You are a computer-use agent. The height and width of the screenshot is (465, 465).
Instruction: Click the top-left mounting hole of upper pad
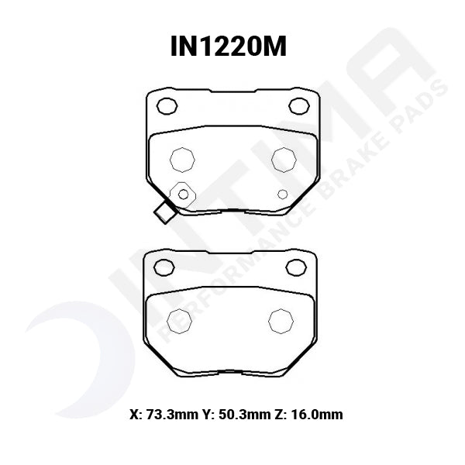(167, 105)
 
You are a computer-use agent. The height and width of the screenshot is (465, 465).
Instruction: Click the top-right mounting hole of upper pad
(298, 105)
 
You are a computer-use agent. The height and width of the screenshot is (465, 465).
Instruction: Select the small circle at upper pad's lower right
(283, 194)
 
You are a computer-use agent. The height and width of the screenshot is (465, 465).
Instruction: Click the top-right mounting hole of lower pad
(298, 267)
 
